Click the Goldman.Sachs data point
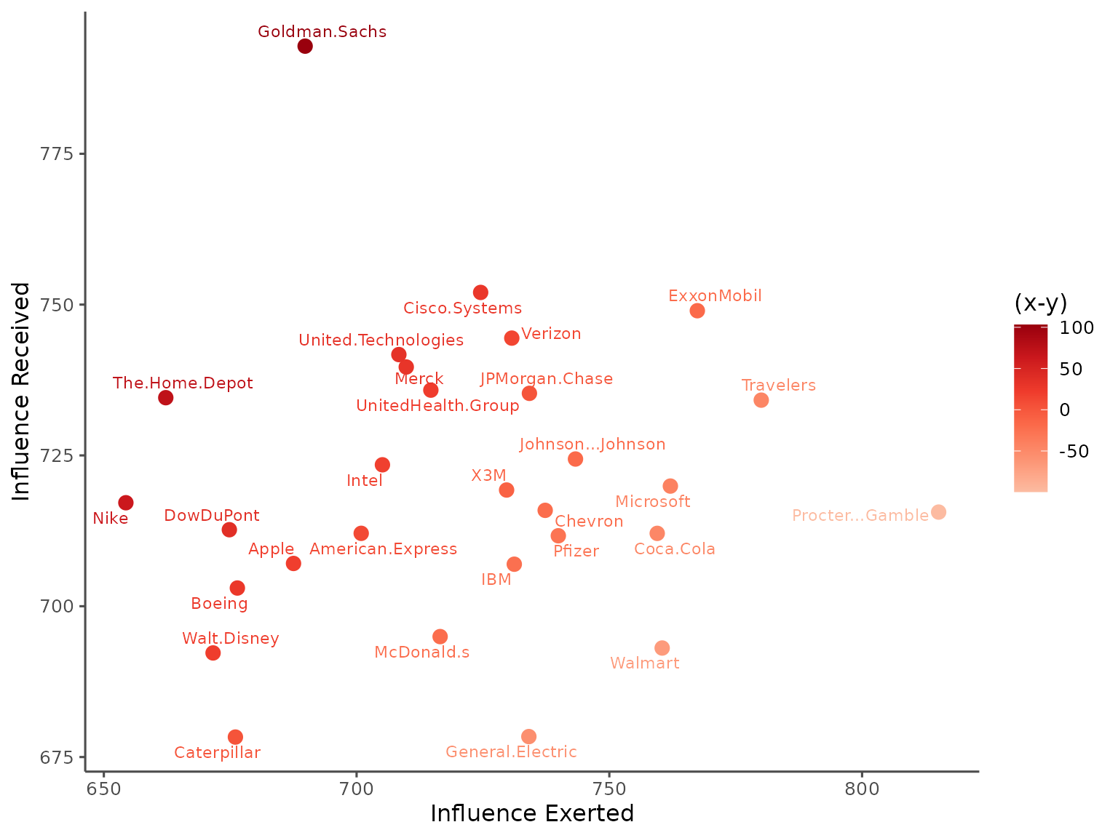click(x=305, y=47)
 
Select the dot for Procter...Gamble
click(x=938, y=512)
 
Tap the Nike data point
click(x=126, y=503)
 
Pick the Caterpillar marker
click(x=235, y=737)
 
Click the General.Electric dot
click(x=529, y=737)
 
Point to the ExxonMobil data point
click(x=697, y=311)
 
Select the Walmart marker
click(x=662, y=648)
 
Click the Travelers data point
click(x=761, y=400)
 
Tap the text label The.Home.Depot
click(x=183, y=383)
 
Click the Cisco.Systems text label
click(x=462, y=308)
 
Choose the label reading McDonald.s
click(x=421, y=653)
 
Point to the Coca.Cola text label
click(x=675, y=549)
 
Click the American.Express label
click(x=383, y=549)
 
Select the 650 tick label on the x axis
click(x=104, y=789)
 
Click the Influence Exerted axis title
click(x=532, y=813)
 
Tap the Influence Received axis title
click(x=22, y=391)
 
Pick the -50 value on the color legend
click(x=1074, y=452)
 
